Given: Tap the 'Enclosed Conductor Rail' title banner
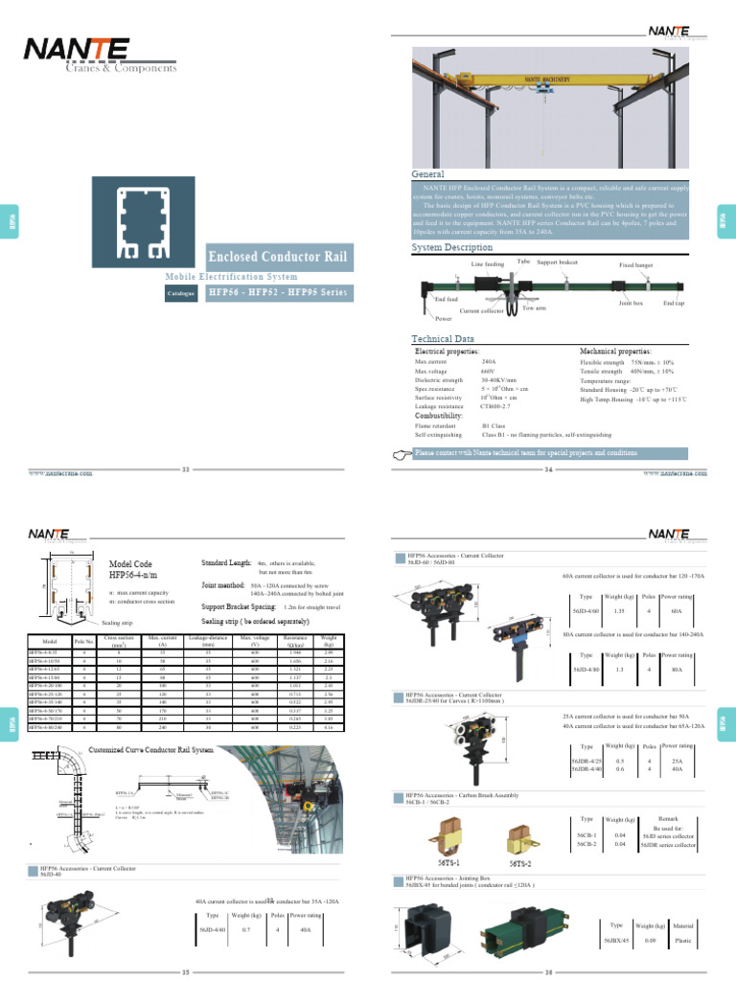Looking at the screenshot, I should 279,257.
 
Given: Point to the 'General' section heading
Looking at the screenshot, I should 427,173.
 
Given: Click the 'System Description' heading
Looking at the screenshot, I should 451,247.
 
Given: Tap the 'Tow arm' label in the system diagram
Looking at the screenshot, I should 534,308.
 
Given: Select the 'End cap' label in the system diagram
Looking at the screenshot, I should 674,303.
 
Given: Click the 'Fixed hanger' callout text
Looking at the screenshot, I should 635,263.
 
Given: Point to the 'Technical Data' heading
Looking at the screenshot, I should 442,339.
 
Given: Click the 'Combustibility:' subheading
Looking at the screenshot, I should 440,416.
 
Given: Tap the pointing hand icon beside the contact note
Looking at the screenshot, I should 402,453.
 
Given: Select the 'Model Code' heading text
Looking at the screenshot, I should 130,564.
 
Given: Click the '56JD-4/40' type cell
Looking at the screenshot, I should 211,930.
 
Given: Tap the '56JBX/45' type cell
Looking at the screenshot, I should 616,942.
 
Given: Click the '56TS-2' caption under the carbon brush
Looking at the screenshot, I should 522,863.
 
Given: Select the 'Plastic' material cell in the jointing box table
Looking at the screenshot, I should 683,942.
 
